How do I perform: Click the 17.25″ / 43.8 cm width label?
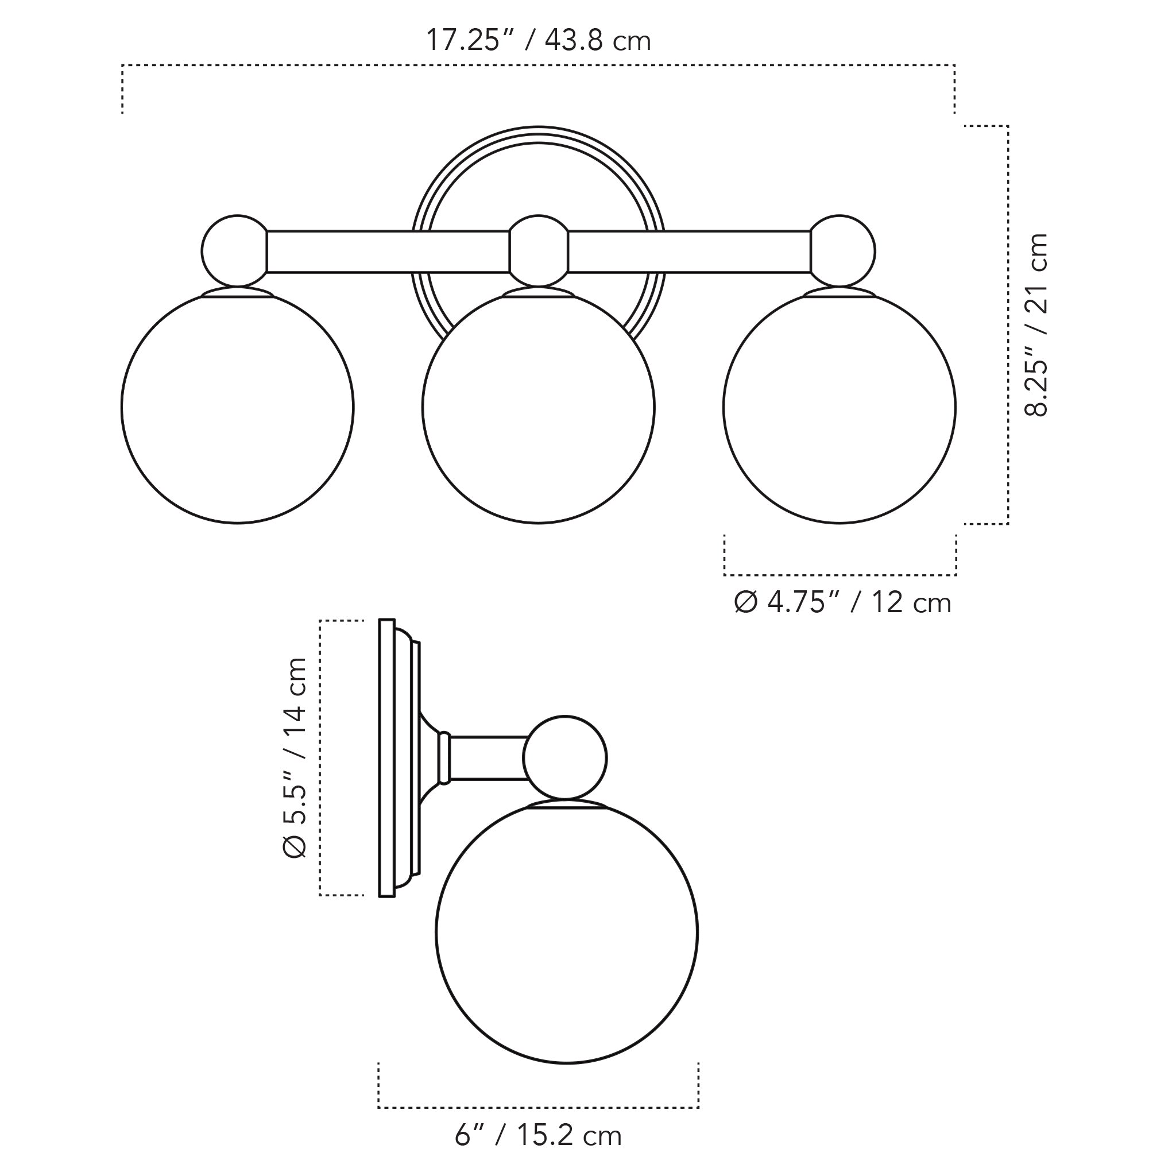[x=538, y=41]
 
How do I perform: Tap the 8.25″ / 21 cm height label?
[x=1036, y=324]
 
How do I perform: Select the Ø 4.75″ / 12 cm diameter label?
[x=842, y=602]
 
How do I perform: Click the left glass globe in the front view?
[x=237, y=408]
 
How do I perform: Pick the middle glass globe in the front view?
[x=538, y=408]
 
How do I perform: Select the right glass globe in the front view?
[x=840, y=408]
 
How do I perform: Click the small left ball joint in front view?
[x=234, y=251]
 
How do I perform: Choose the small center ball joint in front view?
[x=538, y=251]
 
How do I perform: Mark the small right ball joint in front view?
[x=843, y=251]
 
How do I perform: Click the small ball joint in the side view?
[x=565, y=757]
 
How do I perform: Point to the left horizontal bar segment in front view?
[x=388, y=252]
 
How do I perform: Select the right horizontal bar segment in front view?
[x=689, y=252]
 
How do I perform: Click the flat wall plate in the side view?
[x=386, y=758]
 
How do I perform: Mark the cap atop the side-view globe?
[x=567, y=804]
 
